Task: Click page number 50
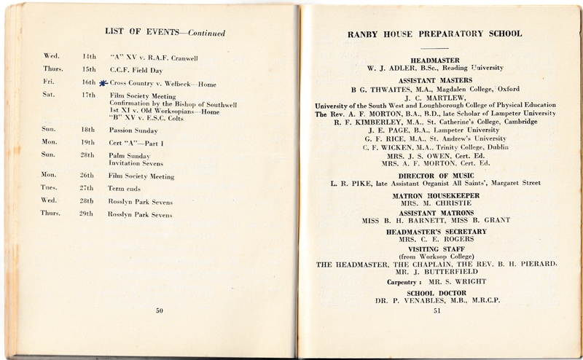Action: (x=160, y=312)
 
